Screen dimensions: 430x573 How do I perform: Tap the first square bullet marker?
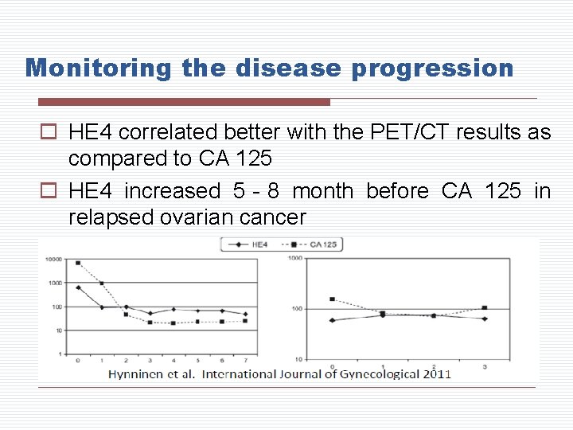tap(49, 133)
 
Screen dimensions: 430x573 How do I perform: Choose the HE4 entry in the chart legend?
tap(253, 244)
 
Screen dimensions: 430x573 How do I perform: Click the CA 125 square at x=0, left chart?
tap(78, 263)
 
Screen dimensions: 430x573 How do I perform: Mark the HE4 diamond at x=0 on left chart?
tap(78, 287)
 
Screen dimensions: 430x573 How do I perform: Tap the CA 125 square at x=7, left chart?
tap(245, 321)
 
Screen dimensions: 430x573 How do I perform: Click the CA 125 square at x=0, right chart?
tap(332, 299)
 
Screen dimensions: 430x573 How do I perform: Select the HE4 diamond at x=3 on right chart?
tap(485, 319)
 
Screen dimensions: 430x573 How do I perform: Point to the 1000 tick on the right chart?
tap(295, 258)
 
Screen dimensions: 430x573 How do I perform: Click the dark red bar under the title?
tap(184, 102)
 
